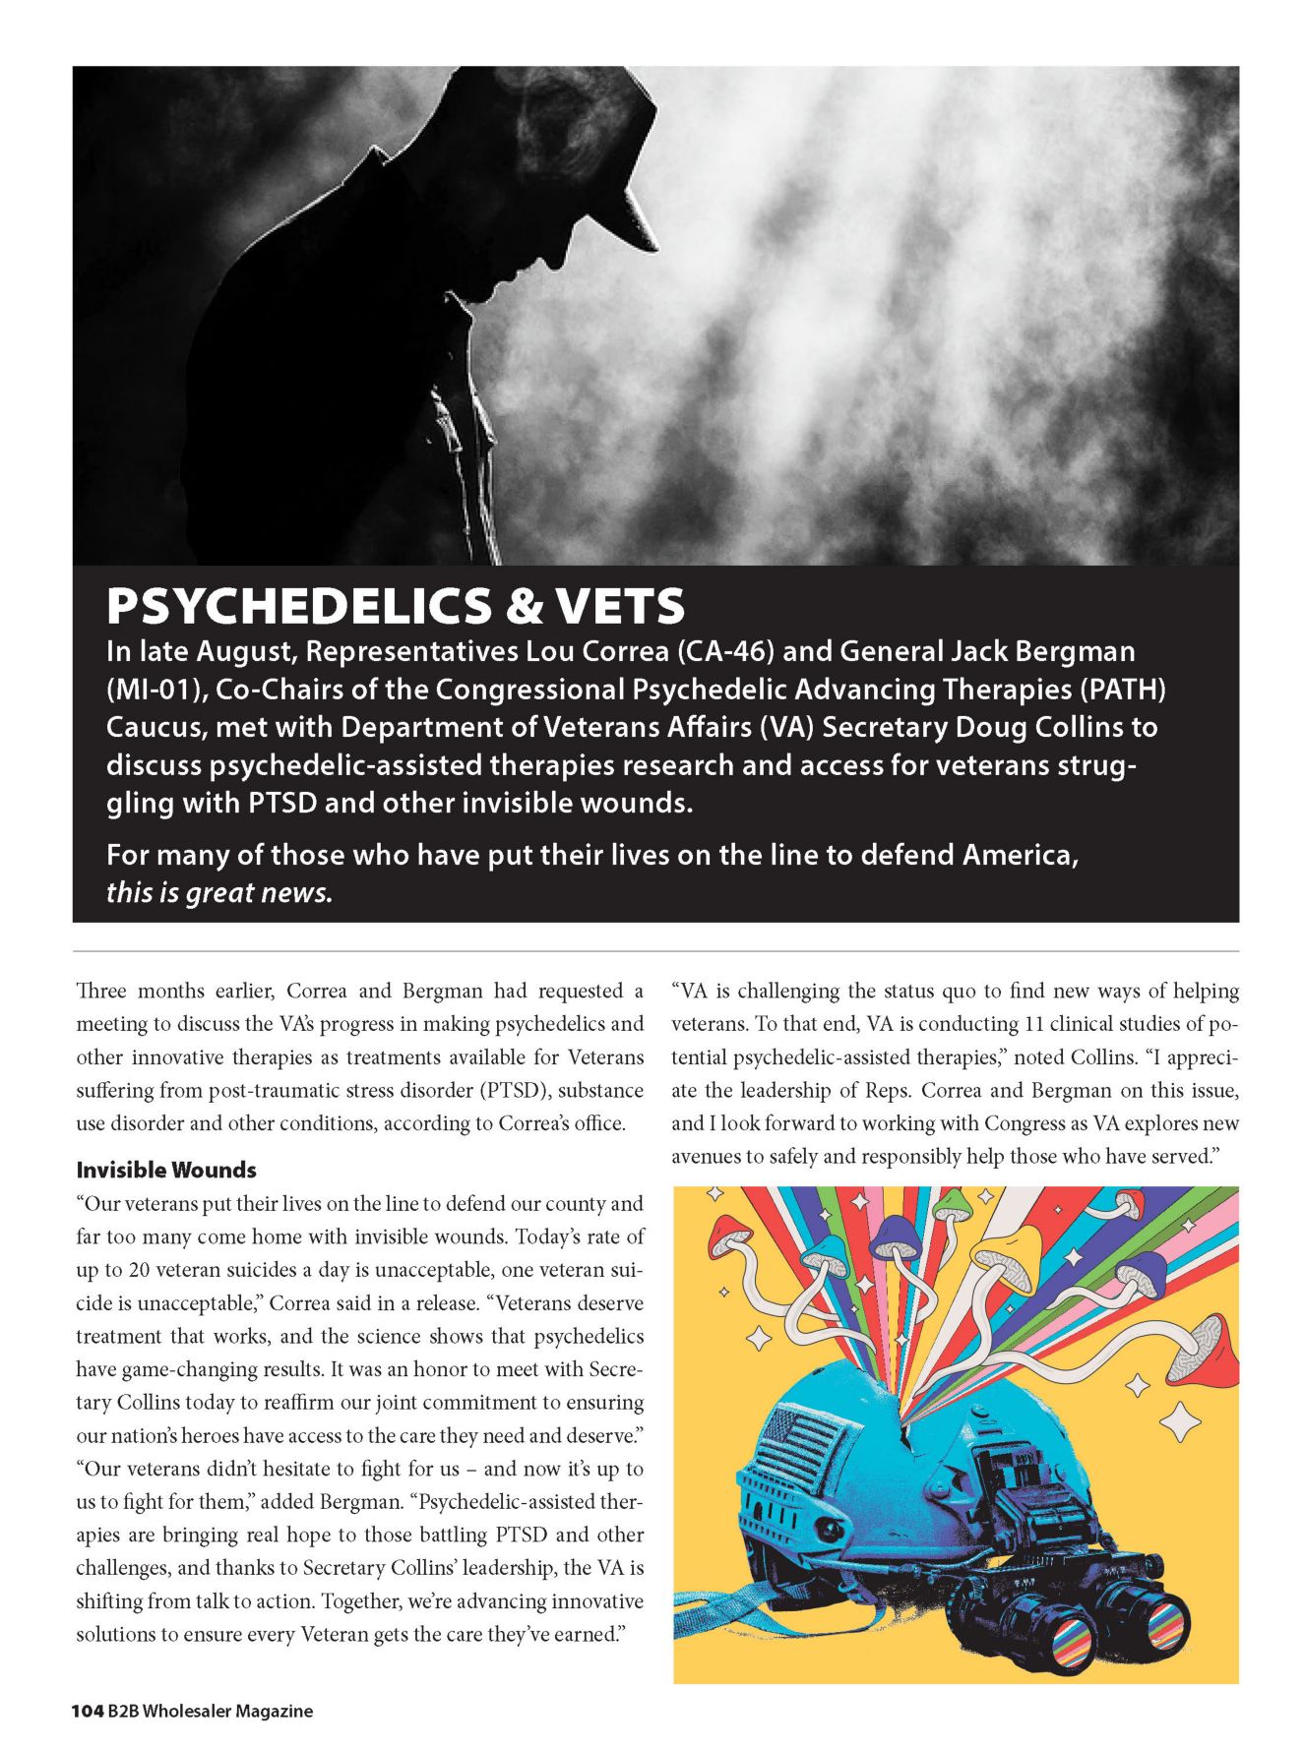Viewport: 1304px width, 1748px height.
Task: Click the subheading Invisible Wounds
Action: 166,1171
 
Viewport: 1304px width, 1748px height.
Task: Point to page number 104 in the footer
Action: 88,1711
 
